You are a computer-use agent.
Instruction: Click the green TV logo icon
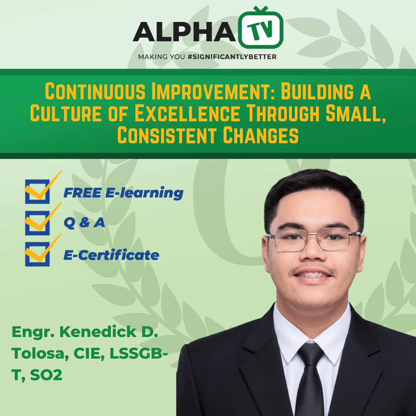pyautogui.click(x=261, y=27)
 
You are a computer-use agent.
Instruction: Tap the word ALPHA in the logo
pyautogui.click(x=184, y=32)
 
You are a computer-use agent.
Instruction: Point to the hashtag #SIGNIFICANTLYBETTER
pyautogui.click(x=232, y=57)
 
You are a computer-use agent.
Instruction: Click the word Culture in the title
pyautogui.click(x=66, y=113)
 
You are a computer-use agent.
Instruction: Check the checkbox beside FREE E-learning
pyautogui.click(x=37, y=191)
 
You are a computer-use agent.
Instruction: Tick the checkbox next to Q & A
pyautogui.click(x=37, y=223)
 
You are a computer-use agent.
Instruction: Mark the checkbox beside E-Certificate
pyautogui.click(x=37, y=254)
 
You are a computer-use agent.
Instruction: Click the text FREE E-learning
pyautogui.click(x=123, y=193)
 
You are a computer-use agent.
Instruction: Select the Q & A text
pyautogui.click(x=84, y=223)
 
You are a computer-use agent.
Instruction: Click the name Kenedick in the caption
pyautogui.click(x=98, y=332)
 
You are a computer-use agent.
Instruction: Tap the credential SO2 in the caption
pyautogui.click(x=46, y=375)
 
